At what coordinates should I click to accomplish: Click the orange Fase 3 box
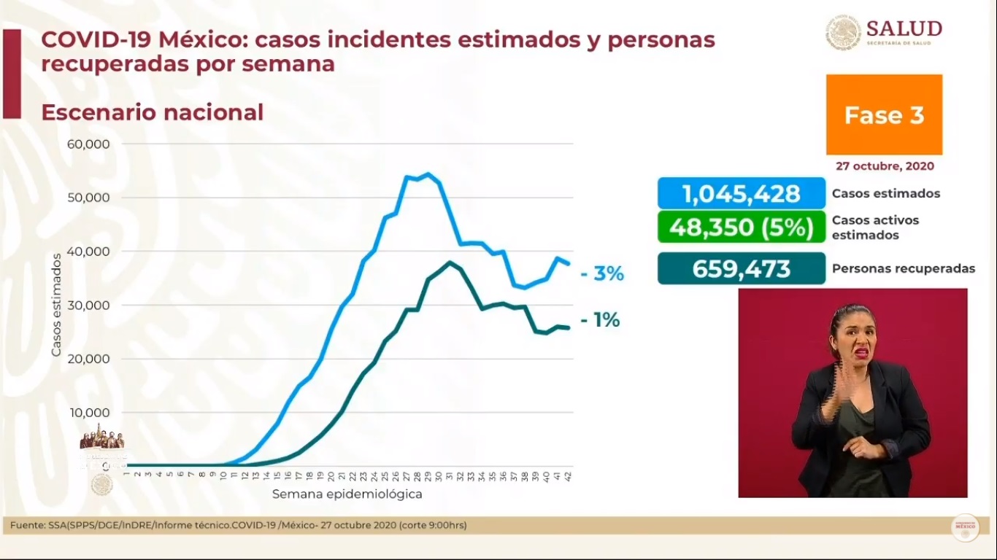tap(884, 114)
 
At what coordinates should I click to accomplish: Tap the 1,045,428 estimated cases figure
tap(742, 194)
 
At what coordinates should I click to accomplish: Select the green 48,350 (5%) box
tap(742, 227)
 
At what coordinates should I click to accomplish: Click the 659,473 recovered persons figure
tap(742, 268)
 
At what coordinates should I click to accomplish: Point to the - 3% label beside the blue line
tap(602, 274)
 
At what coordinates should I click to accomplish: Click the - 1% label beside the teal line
tap(600, 320)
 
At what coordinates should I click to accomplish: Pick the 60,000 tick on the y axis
tap(88, 144)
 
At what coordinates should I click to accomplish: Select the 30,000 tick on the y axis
tap(88, 306)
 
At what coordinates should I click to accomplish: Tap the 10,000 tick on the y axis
tap(88, 413)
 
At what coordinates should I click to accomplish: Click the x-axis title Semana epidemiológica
tap(347, 494)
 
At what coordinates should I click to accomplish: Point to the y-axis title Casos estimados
tap(56, 305)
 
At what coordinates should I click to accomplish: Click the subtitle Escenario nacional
tap(152, 112)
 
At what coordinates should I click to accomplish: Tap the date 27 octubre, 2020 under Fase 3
tap(885, 166)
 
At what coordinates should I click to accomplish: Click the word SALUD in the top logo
tap(904, 28)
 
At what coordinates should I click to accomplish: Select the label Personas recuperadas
tap(903, 269)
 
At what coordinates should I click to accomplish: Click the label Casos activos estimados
tap(875, 227)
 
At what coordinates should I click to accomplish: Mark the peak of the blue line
tap(428, 174)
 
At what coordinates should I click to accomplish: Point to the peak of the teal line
tap(450, 262)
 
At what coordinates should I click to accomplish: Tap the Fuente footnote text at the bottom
tap(238, 525)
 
